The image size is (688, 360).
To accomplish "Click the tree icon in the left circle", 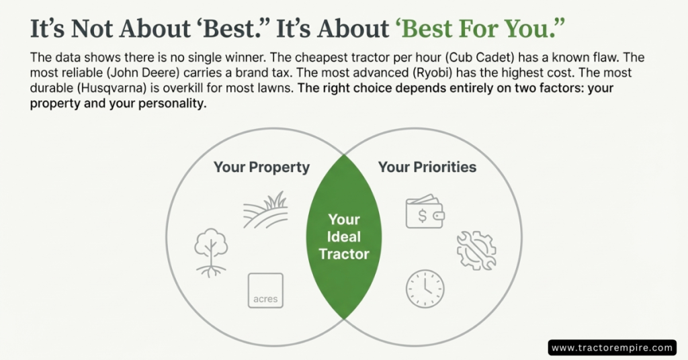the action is tap(211, 252).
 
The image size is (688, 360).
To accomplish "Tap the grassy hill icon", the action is tap(266, 210).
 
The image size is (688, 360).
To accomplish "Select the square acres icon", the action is tap(265, 290).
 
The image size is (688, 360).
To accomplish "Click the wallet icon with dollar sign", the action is tap(425, 212).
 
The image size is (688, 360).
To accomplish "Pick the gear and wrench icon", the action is tap(476, 251).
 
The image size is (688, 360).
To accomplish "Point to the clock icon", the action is tap(425, 289).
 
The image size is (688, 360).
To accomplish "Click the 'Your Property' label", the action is tap(261, 167).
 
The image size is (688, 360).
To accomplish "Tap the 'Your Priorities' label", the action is tap(427, 167).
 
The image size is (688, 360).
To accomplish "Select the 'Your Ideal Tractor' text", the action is tap(344, 236).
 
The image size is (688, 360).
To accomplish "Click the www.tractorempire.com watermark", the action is tap(612, 348).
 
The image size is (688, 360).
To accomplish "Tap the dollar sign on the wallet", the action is tap(422, 216).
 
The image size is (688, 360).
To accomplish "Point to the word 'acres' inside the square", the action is tap(265, 299).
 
